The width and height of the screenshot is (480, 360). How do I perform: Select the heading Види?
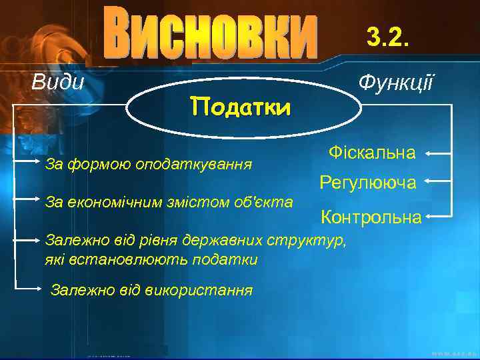coord(59,83)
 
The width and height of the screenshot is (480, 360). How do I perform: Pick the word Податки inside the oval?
coord(240,107)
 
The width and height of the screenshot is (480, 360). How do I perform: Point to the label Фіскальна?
coord(372,153)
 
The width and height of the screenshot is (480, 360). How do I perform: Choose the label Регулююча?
coord(368,181)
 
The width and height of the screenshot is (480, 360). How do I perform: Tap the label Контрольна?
coord(371,217)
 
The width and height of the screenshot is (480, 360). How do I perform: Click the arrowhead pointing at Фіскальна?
coord(428,153)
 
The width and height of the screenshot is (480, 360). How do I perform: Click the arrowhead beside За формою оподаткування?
coord(39,161)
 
